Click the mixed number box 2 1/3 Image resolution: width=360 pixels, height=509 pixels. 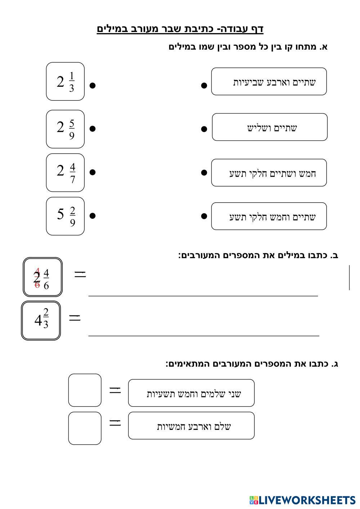(65, 81)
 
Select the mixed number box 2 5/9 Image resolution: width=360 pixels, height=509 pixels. (65, 129)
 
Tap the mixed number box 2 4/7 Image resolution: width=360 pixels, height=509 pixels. (65, 173)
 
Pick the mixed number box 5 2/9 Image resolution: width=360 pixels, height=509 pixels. (65, 216)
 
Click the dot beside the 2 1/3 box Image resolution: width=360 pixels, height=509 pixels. (93, 85)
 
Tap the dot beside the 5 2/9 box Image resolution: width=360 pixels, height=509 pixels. (93, 216)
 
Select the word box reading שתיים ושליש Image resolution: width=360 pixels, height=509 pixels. (270, 127)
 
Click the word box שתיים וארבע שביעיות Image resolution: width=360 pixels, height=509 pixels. (269, 81)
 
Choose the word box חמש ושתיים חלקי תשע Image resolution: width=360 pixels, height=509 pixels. (269, 173)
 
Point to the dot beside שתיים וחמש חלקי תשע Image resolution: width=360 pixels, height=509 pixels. (204, 216)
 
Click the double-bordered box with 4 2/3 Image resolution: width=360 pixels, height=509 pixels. (41, 321)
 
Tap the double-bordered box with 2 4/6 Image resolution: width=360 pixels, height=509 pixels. (42, 277)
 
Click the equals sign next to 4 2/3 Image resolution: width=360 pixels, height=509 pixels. (75, 317)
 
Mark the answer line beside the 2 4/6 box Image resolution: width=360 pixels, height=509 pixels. (203, 296)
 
